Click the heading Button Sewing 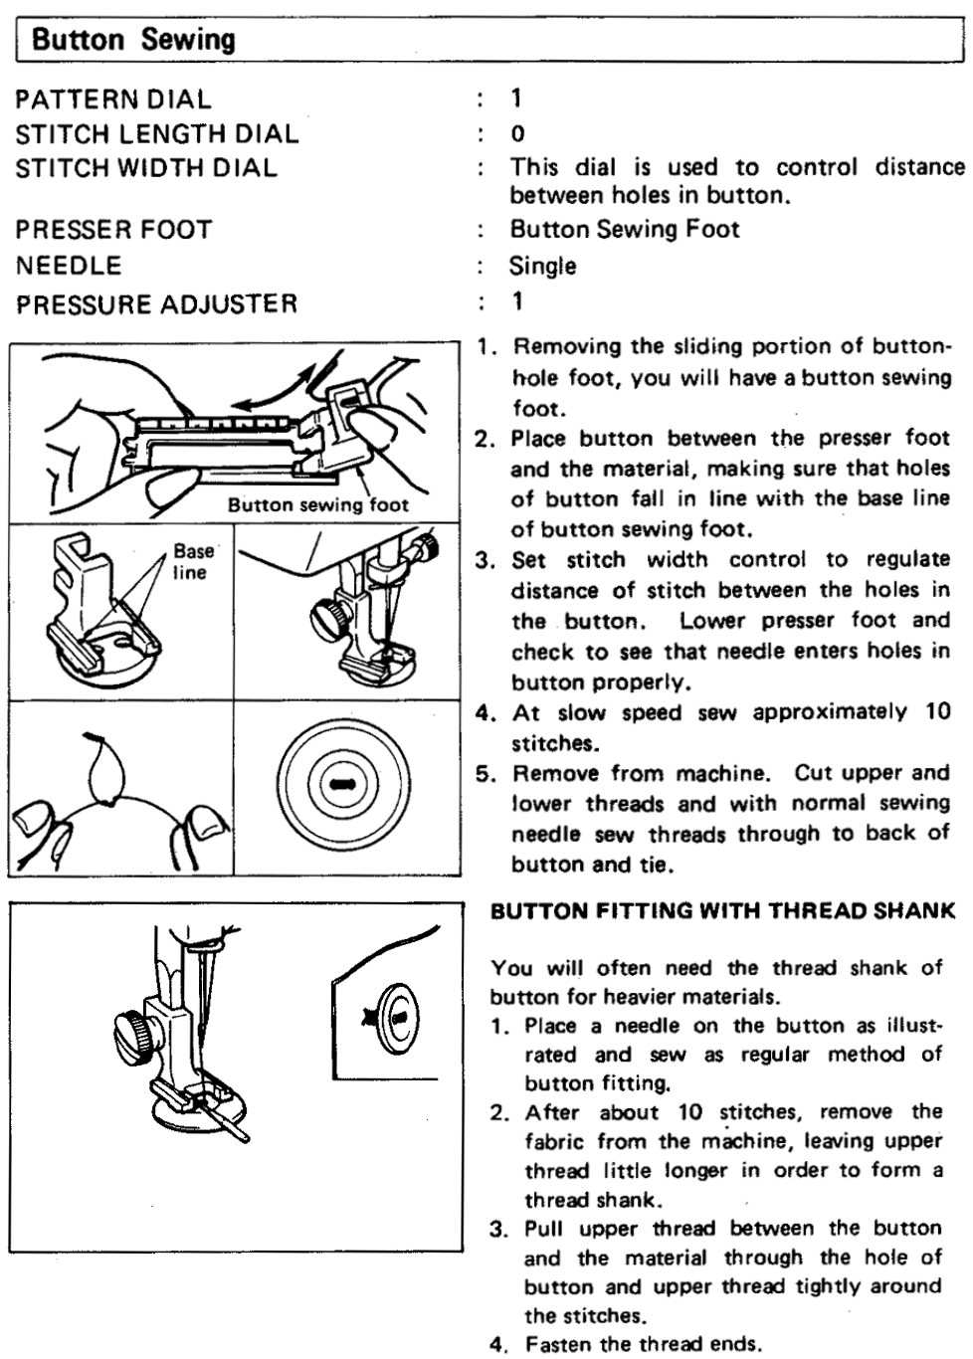[133, 41]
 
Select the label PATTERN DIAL [113, 99]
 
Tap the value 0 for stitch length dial [517, 134]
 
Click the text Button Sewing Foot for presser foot [624, 230]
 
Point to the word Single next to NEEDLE [542, 266]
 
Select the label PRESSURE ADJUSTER [156, 303]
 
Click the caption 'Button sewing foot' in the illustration [317, 504]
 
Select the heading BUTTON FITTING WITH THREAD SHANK [723, 910]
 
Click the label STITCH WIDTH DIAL [146, 167]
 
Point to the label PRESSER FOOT [113, 230]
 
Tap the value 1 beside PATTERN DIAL [516, 98]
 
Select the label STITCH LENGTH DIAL [156, 133]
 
